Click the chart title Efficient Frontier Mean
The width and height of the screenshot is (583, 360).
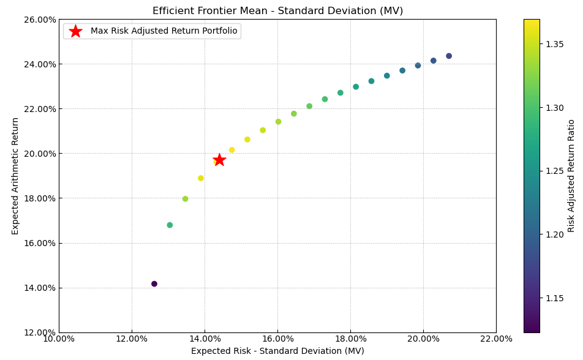[277, 11]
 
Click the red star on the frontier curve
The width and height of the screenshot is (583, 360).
[219, 160]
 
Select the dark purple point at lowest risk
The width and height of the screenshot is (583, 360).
[154, 284]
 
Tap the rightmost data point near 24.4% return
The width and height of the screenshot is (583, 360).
[449, 56]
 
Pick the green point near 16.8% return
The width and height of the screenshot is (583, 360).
[170, 225]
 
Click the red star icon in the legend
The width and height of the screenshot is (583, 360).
[75, 31]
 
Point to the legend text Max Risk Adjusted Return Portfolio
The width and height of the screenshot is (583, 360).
[164, 31]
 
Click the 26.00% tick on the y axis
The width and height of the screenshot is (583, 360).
[39, 20]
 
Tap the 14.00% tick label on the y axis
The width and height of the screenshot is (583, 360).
[39, 288]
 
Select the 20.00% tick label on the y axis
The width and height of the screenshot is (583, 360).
[39, 154]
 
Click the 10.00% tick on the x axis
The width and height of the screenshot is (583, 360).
[59, 339]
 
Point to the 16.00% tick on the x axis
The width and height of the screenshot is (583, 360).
[277, 339]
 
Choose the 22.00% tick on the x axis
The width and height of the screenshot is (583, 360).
[496, 339]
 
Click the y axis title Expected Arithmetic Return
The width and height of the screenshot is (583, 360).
[16, 176]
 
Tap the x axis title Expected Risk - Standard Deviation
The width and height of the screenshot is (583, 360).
[277, 351]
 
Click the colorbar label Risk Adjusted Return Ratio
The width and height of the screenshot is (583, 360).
[571, 176]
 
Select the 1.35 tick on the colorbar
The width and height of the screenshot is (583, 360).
[554, 45]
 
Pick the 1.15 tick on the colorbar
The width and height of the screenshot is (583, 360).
[554, 298]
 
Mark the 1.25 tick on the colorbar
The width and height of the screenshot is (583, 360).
[554, 171]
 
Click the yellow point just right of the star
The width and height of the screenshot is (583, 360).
[231, 150]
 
